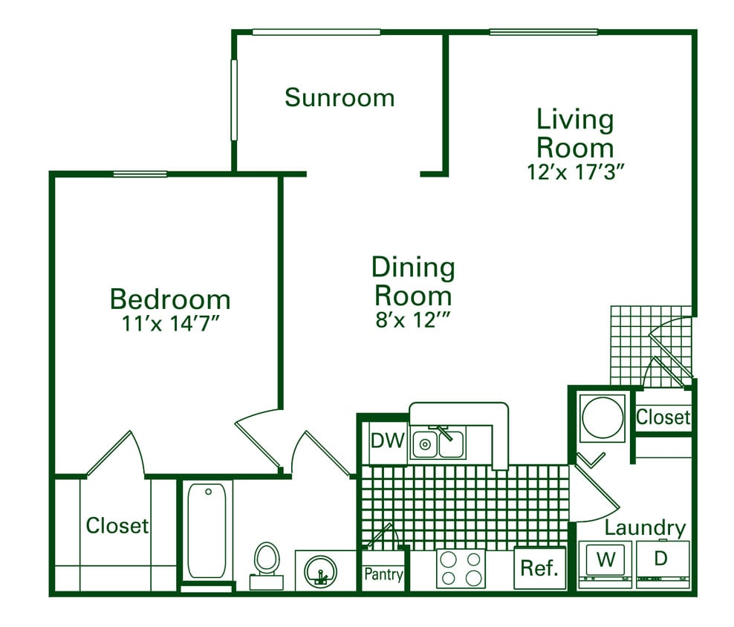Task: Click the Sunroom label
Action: point(340,97)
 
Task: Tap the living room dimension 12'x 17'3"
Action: point(574,171)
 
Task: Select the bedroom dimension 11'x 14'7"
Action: point(170,324)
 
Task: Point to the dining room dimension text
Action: point(413,320)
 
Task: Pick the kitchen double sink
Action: point(439,444)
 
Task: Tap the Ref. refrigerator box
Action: point(539,569)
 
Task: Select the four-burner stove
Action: point(460,569)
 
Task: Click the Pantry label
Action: point(383,574)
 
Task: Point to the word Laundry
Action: point(644,528)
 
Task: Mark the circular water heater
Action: point(603,419)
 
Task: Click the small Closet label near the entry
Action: point(663,418)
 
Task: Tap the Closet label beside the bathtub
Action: point(117,526)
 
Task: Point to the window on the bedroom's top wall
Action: point(140,175)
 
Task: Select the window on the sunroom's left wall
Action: point(233,100)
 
